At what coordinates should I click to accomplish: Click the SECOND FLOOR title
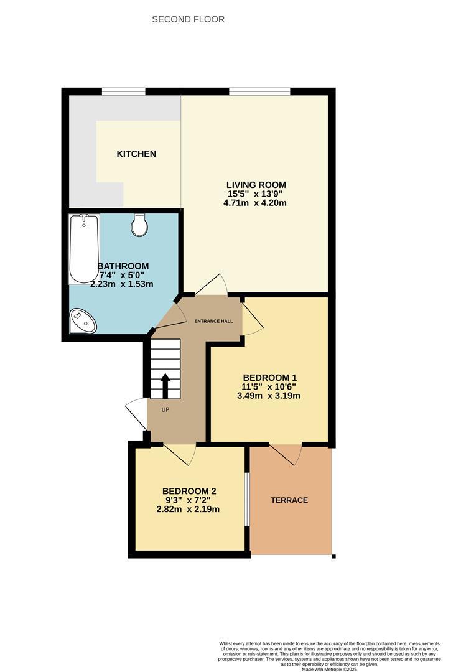tap(188, 19)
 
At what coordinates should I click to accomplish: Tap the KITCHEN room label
tap(136, 154)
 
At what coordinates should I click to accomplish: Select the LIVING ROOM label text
tap(256, 185)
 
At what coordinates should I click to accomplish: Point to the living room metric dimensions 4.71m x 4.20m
tap(256, 203)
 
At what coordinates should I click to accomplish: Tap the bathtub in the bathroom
tap(83, 248)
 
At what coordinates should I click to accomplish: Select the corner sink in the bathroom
tap(82, 321)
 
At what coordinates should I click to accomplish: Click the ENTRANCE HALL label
tap(213, 321)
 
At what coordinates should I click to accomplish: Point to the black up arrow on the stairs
tap(165, 385)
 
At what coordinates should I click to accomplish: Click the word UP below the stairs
tap(165, 409)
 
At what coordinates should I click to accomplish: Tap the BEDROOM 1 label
tap(269, 378)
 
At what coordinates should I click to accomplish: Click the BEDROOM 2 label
tap(189, 490)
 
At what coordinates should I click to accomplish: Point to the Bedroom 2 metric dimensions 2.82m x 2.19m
tap(189, 509)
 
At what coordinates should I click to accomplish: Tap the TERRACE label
tap(289, 500)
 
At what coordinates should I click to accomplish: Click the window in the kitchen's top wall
tap(124, 91)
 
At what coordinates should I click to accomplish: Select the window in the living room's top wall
tap(259, 91)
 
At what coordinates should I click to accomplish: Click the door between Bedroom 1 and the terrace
tap(286, 454)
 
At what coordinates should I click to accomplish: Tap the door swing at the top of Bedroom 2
tap(180, 454)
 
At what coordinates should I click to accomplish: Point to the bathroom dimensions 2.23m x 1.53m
tap(122, 284)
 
